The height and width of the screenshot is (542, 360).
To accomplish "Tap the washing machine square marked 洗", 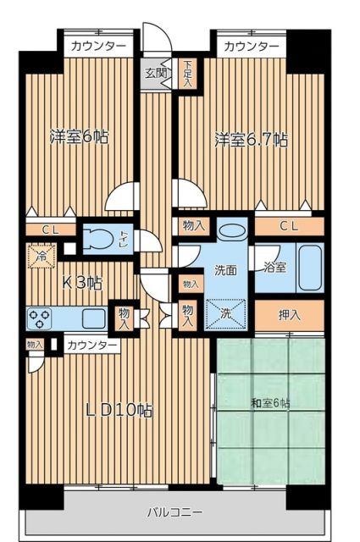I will click(x=226, y=312).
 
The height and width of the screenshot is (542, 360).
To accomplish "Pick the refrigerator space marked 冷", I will click(x=39, y=252).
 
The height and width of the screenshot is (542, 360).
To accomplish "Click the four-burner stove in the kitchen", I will click(x=39, y=318).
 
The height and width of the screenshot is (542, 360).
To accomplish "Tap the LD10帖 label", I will click(x=119, y=411).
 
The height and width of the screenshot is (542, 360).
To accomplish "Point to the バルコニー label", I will click(x=174, y=512).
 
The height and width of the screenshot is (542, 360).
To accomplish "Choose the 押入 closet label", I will click(x=290, y=315).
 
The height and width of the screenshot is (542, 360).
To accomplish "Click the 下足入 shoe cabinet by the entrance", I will click(x=187, y=74).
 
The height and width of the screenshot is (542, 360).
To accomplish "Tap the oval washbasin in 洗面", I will click(x=229, y=230).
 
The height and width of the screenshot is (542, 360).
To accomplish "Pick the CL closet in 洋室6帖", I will click(x=41, y=228).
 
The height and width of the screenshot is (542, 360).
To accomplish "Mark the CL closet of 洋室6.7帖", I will click(x=290, y=225).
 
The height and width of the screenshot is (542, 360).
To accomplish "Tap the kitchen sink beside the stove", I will click(x=92, y=318).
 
